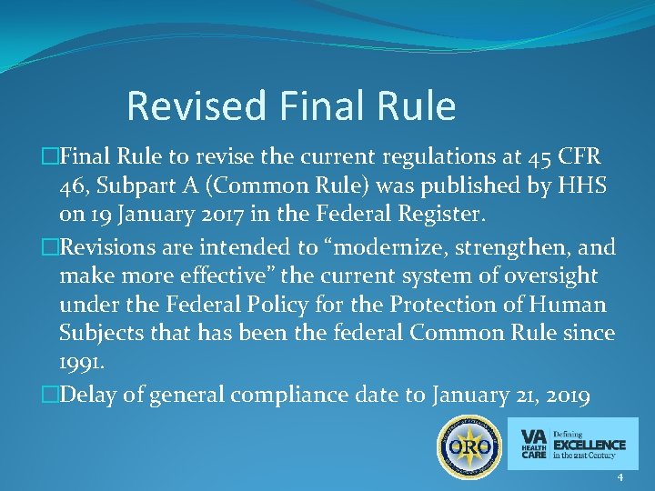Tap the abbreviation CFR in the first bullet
[x=576, y=157]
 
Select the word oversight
[x=553, y=276]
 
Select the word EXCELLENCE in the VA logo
[x=589, y=445]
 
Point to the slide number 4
[x=620, y=478]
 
